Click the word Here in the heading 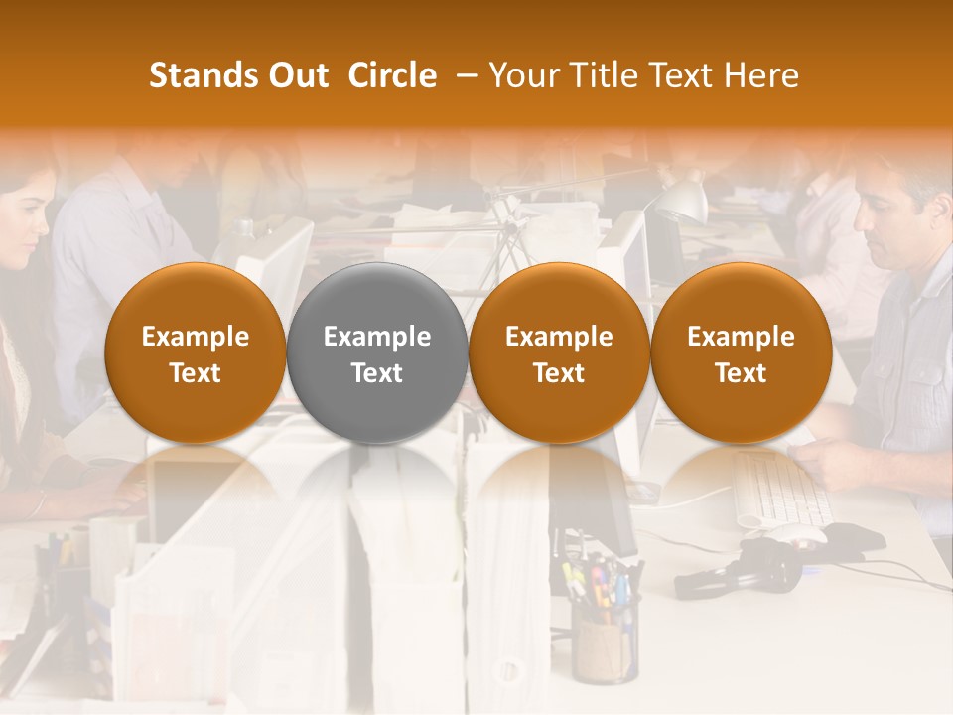(x=763, y=75)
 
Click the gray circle (x=377, y=354)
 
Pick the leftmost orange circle (x=196, y=354)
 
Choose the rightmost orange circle (x=741, y=354)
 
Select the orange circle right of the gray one (x=559, y=354)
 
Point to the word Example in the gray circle (x=377, y=337)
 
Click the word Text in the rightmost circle (x=741, y=372)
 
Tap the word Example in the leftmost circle (x=196, y=337)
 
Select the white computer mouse (x=794, y=535)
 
